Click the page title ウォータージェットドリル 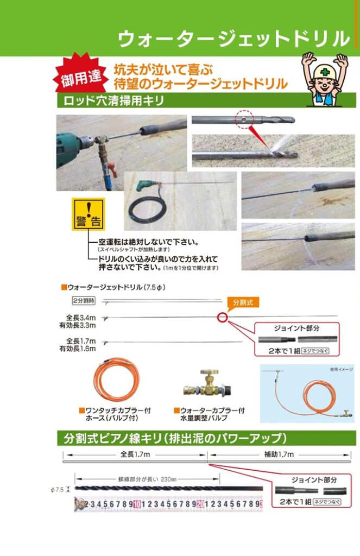pyautogui.click(x=233, y=39)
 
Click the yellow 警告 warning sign pyautogui.click(x=88, y=214)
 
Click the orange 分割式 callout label pyautogui.click(x=243, y=302)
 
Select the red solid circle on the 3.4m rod pyautogui.click(x=221, y=317)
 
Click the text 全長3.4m pyautogui.click(x=81, y=318)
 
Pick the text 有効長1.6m pyautogui.click(x=78, y=349)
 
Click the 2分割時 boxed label pyautogui.click(x=83, y=300)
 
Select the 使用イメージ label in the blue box pyautogui.click(x=341, y=369)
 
